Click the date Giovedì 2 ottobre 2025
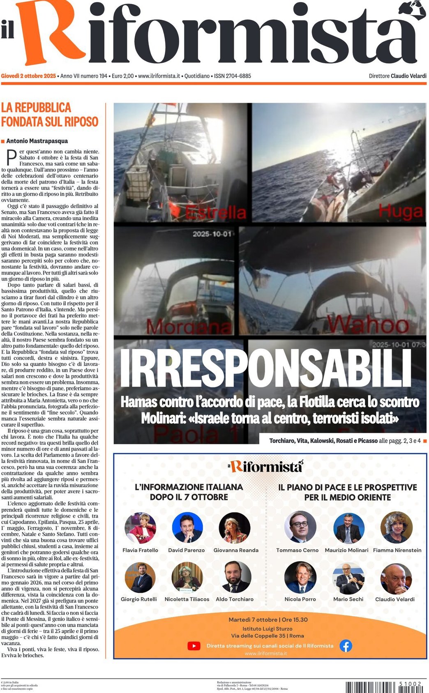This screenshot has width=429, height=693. [28, 76]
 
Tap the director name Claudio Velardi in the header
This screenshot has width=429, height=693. [408, 76]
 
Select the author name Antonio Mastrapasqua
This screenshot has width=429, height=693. [37, 141]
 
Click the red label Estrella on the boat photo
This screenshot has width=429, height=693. [215, 212]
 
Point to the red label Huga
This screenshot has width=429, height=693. [400, 211]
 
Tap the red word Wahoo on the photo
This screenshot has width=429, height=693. [368, 325]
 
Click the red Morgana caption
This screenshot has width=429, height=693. [189, 327]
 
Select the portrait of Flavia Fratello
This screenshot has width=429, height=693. [140, 528]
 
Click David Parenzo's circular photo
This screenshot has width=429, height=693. [187, 528]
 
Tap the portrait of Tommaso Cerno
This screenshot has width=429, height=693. [300, 527]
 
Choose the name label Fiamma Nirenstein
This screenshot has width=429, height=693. [397, 550]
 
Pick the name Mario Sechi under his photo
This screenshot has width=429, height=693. [348, 599]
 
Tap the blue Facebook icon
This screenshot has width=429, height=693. [346, 646]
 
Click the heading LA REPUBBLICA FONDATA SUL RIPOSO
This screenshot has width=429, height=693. [49, 115]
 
